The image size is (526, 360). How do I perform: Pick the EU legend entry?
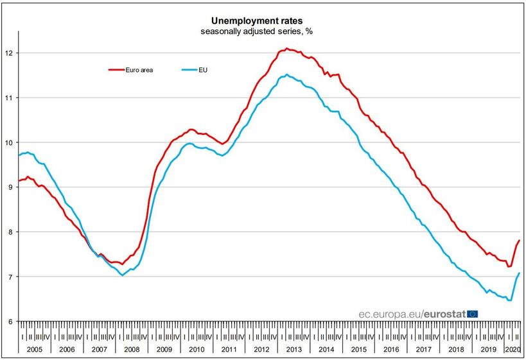coord(200,69)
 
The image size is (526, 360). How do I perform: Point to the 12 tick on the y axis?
coord(11,53)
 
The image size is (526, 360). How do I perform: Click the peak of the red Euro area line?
coord(286,49)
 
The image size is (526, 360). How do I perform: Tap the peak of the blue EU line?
coord(286,75)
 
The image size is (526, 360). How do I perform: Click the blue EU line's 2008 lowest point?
coord(122,275)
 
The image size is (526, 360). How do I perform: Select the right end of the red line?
coord(519,240)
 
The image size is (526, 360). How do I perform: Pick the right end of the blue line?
coord(519,273)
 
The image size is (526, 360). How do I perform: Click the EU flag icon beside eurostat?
coord(473,314)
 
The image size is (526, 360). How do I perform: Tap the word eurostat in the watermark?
coord(445,314)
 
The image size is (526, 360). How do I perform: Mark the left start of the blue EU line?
coord(19,155)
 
